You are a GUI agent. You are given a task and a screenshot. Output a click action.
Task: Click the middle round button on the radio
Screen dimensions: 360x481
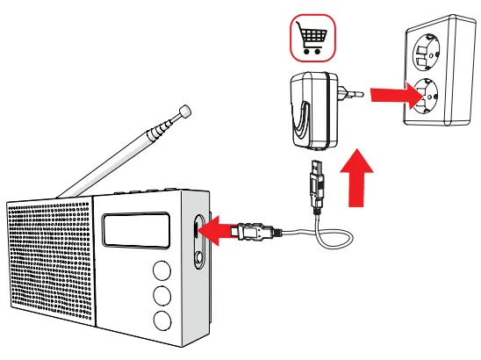(x=162, y=294)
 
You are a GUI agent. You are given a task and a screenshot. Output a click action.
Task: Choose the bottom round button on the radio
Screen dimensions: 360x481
(x=161, y=319)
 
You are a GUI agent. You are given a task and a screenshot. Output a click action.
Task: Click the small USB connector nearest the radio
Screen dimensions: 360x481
(x=254, y=233)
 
